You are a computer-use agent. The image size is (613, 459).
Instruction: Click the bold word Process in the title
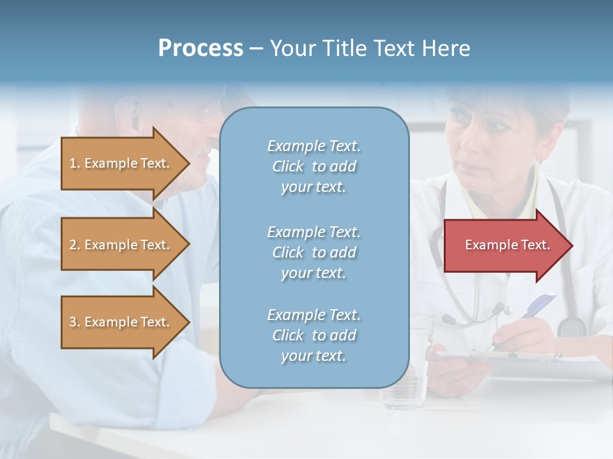201,48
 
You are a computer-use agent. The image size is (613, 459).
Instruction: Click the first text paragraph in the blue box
314,166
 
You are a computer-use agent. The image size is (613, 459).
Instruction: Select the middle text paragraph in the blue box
314,252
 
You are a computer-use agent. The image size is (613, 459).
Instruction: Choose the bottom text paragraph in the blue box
314,335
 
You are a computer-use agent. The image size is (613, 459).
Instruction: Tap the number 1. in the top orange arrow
74,163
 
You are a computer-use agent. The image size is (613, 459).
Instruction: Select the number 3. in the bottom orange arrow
74,322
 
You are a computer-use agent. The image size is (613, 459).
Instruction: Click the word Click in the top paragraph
288,166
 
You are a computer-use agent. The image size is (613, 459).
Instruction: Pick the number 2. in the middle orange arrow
74,245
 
